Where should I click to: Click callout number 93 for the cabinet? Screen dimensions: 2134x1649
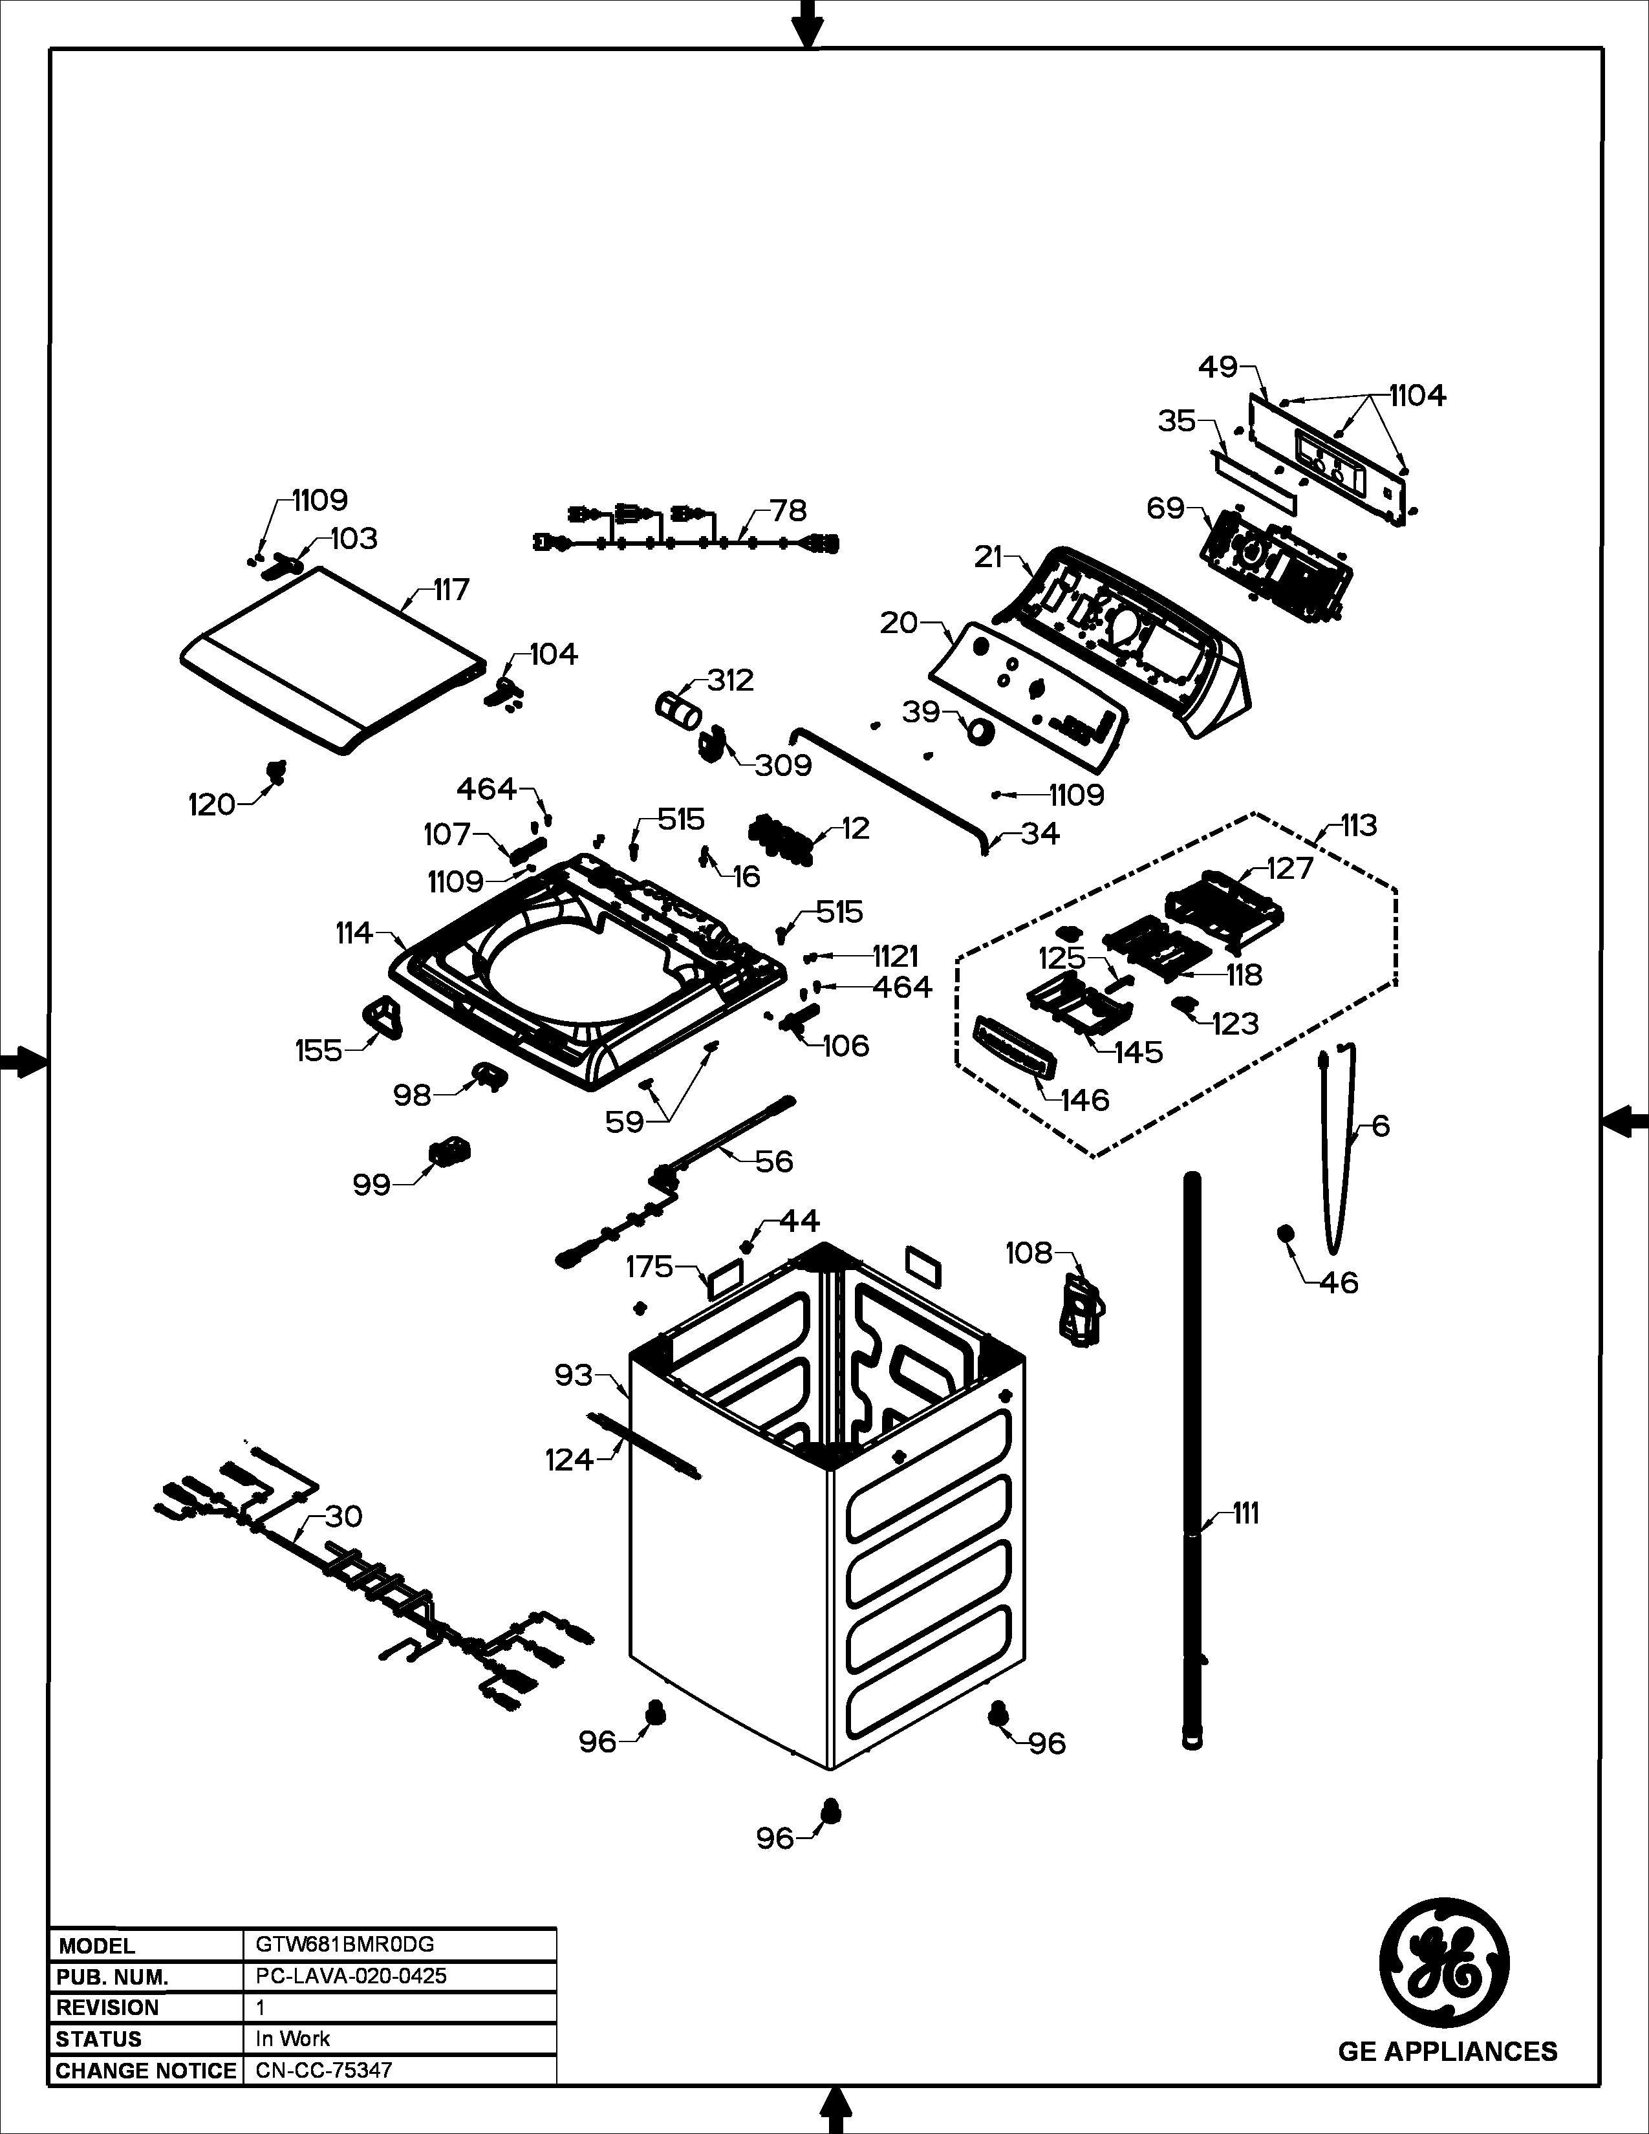coord(574,1375)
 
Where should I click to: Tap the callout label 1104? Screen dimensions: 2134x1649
coord(1417,396)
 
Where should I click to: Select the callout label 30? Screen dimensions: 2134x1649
coord(343,1516)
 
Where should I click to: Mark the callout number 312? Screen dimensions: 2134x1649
coord(731,680)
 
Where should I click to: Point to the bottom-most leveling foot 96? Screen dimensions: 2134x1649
coord(832,1811)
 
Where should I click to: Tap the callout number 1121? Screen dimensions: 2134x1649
coord(896,956)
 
